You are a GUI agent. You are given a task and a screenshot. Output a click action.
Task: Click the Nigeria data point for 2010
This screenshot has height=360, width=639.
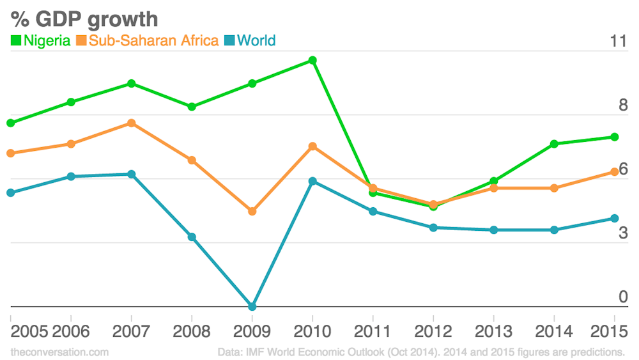tap(312, 60)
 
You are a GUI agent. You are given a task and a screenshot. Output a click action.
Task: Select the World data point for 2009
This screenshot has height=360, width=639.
tap(252, 307)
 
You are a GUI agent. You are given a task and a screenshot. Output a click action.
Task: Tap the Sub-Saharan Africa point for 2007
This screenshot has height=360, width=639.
tap(131, 123)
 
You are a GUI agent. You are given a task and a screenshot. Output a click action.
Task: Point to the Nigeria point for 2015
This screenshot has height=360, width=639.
tap(615, 137)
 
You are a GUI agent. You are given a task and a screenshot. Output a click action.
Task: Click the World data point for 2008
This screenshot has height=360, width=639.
tap(192, 237)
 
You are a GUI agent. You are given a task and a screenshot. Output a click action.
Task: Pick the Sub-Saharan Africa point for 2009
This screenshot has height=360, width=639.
tap(252, 211)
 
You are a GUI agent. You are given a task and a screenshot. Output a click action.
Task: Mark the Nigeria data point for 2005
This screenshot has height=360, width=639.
tap(11, 123)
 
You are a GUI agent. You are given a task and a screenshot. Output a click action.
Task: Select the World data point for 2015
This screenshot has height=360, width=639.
tap(615, 219)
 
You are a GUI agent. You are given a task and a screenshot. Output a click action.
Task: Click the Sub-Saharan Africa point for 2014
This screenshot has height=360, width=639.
tap(554, 188)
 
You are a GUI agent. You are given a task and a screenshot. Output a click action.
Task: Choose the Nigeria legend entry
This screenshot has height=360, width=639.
tap(41, 41)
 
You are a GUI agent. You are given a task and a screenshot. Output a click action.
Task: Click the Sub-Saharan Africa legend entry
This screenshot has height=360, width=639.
tap(148, 41)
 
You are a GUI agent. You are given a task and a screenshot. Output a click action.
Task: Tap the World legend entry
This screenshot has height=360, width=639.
tap(250, 41)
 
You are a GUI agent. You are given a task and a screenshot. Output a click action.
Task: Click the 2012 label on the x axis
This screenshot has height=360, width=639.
tap(433, 331)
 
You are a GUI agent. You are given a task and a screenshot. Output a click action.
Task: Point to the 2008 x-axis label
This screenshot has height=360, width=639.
tap(192, 331)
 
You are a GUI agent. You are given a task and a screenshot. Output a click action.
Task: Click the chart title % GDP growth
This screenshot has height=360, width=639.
tap(84, 19)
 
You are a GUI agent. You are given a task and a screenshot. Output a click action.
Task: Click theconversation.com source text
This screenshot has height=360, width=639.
tap(59, 352)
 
